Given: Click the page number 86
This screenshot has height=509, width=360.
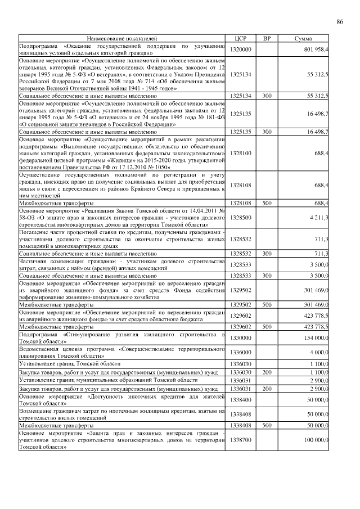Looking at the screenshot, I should (x=339, y=22).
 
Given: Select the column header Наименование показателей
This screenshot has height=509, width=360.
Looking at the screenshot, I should (x=122, y=38).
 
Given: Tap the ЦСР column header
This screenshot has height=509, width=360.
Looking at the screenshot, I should (x=241, y=38).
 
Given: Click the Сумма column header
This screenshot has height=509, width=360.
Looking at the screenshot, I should (x=305, y=38).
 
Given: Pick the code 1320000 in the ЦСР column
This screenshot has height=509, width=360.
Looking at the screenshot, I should (x=241, y=49).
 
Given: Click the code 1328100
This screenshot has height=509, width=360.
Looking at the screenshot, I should (x=241, y=154).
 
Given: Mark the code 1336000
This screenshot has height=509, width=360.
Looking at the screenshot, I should (x=241, y=352).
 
